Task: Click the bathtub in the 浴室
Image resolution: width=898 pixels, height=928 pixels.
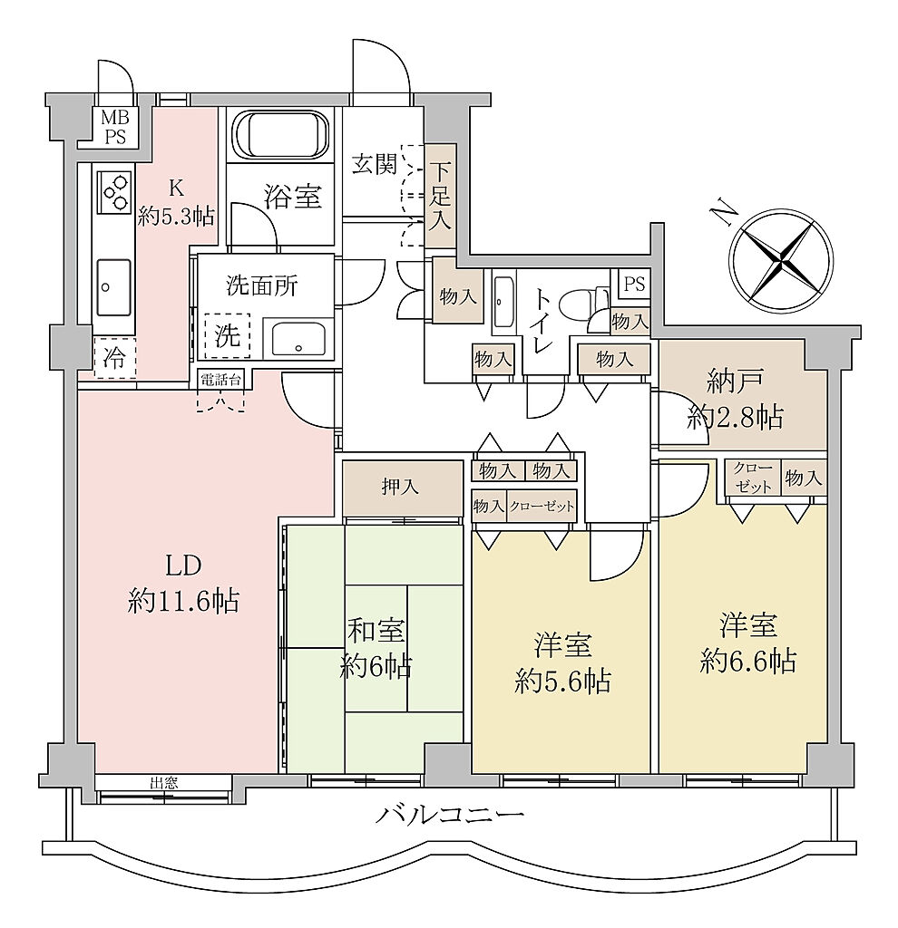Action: [x=279, y=134]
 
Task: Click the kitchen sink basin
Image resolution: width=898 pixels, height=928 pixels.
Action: [x=113, y=287]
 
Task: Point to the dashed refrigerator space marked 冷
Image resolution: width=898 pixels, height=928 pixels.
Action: [x=115, y=357]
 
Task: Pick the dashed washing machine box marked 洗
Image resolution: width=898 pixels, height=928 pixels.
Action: [x=228, y=335]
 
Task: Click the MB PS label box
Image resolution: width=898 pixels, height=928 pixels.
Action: [x=116, y=127]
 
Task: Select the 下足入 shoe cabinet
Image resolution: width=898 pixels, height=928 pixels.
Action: [x=441, y=196]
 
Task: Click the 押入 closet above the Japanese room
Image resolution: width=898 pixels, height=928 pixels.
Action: [x=402, y=488]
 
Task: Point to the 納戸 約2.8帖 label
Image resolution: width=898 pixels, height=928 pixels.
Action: [x=735, y=401]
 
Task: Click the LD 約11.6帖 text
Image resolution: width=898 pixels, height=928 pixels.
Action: [x=183, y=584]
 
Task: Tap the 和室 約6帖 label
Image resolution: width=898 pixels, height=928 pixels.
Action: [x=376, y=648]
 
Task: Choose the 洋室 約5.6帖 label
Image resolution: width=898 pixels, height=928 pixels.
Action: [x=562, y=662]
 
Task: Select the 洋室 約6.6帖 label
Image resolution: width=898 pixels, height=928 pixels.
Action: [x=747, y=643]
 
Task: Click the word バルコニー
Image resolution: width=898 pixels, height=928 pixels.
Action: [x=450, y=817]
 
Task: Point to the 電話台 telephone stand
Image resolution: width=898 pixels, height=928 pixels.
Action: [x=220, y=380]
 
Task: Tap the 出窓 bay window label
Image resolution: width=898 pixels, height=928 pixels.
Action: [x=163, y=784]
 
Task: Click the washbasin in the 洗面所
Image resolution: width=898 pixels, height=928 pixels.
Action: [x=298, y=339]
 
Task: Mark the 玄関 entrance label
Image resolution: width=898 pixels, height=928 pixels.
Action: [x=375, y=164]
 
